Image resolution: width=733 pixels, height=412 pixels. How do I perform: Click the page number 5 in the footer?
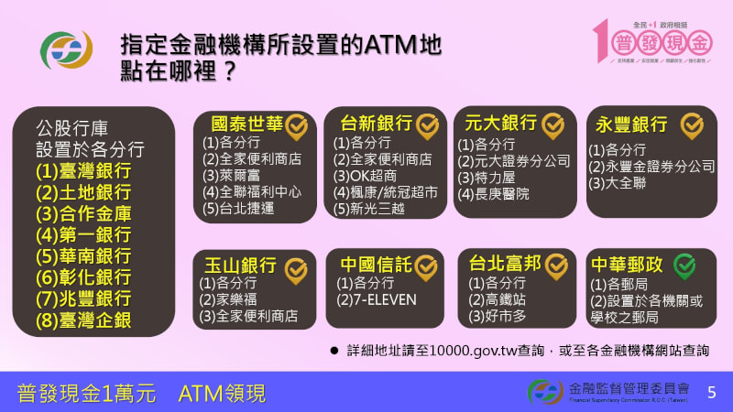(711, 393)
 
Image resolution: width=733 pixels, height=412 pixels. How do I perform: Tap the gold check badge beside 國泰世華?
(296, 125)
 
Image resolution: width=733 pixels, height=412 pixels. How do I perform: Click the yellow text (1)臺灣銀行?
(83, 171)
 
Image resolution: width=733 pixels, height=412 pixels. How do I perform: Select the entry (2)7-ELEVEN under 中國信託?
(377, 299)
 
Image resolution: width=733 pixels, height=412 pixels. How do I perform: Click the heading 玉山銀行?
(238, 266)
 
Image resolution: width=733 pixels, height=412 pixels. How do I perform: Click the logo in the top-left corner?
(68, 49)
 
